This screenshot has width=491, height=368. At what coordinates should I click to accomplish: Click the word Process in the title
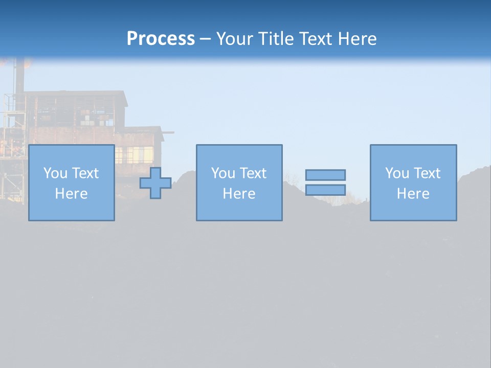coord(161,39)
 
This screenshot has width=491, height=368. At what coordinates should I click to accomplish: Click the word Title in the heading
coord(276,39)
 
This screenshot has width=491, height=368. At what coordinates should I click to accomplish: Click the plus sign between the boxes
coord(155,183)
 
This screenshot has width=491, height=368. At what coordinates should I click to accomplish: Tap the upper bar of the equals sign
coord(325,175)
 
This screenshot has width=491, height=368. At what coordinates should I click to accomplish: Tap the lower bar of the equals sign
coord(325,190)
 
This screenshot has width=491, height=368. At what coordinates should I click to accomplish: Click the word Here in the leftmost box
coord(71,194)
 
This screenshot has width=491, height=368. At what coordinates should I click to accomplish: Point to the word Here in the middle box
coord(239,194)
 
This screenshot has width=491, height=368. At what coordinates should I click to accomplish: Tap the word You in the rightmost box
coord(397,173)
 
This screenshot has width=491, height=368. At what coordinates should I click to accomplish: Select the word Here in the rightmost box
coord(413,194)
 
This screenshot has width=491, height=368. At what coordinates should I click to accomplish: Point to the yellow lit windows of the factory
coord(134,153)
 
